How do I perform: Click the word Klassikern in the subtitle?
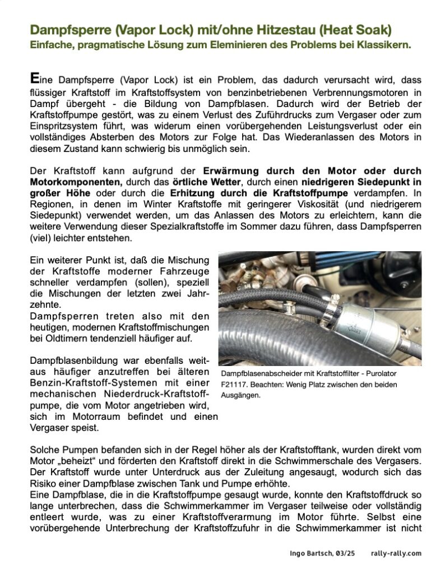383,44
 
